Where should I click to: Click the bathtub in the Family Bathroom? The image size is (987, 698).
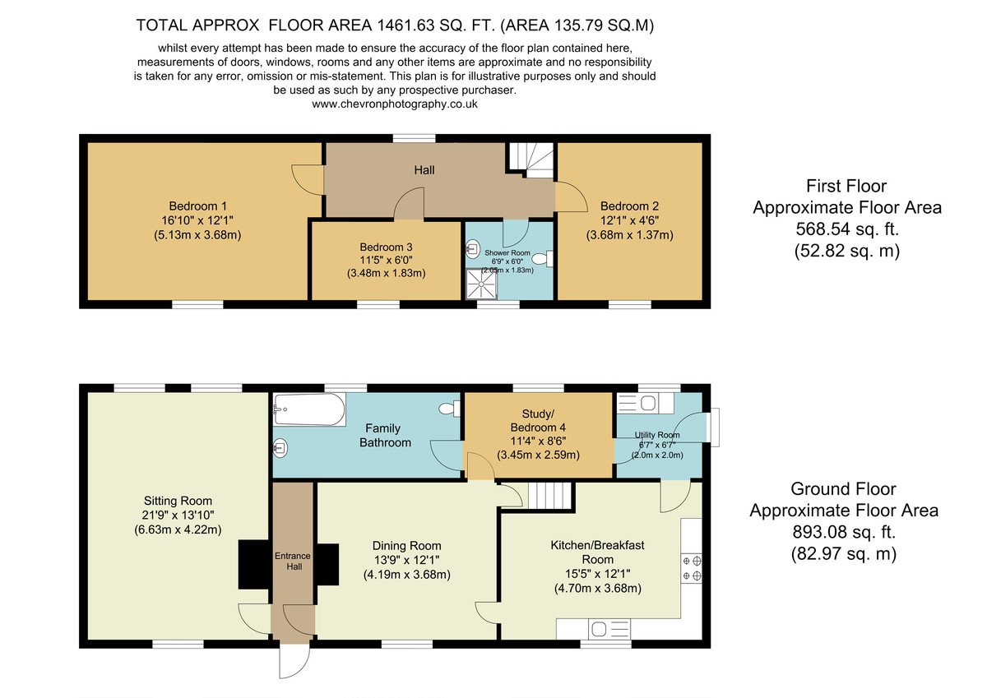(x=309, y=409)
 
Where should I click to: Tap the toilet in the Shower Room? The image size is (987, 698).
(x=543, y=259)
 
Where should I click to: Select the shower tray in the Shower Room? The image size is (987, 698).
(x=482, y=284)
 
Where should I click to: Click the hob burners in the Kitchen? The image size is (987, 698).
(x=692, y=568)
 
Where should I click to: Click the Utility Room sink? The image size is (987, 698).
(x=645, y=404)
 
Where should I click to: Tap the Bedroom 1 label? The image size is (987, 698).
(x=198, y=206)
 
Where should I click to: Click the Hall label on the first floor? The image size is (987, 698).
(x=424, y=170)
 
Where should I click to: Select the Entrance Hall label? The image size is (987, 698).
(x=293, y=561)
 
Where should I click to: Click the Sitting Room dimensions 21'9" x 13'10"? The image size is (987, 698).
(x=178, y=515)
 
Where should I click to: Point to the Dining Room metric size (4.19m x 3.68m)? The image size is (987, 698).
(x=406, y=575)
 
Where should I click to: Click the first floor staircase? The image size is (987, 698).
(x=532, y=159)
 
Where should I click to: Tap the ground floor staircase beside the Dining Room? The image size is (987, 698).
(x=550, y=496)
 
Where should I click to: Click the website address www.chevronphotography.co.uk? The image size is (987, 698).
(x=395, y=104)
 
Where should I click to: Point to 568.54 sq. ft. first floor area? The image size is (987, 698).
(x=847, y=229)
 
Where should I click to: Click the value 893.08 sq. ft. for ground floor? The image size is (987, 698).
(x=844, y=532)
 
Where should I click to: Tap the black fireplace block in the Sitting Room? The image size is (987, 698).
(x=254, y=565)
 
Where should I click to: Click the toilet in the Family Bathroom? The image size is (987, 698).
(x=450, y=409)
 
